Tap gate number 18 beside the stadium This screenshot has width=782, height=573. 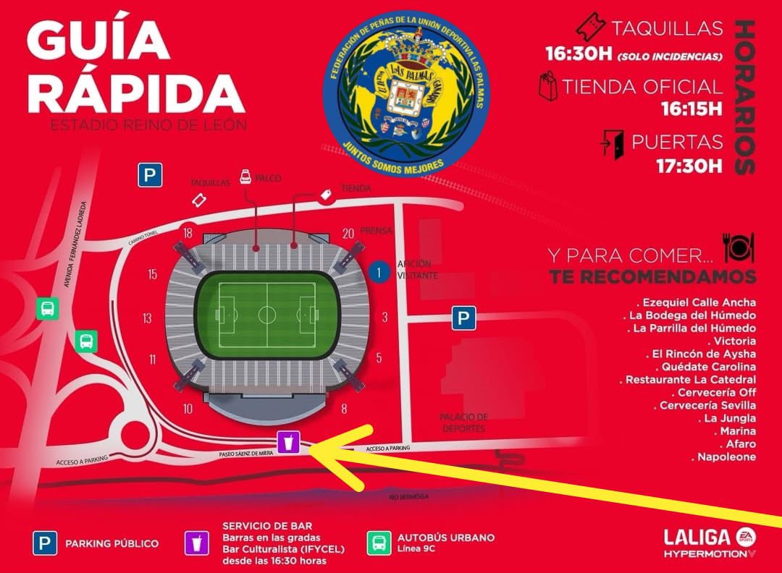click(188, 232)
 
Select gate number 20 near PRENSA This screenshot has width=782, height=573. click(348, 232)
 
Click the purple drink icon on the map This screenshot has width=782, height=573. click(288, 440)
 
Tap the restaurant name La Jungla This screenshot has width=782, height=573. click(720, 418)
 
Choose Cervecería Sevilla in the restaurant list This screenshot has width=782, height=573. click(707, 405)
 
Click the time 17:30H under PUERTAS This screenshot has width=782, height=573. click(689, 166)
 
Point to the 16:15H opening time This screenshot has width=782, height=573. click(691, 109)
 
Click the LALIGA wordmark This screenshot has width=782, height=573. click(697, 537)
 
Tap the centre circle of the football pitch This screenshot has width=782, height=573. click(267, 315)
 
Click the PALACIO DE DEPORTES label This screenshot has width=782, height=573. click(464, 423)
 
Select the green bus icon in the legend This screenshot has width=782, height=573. click(378, 543)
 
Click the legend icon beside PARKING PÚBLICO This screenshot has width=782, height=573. click(45, 543)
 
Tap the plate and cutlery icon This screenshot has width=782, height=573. click(738, 248)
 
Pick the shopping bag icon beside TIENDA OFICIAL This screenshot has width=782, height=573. click(548, 86)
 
